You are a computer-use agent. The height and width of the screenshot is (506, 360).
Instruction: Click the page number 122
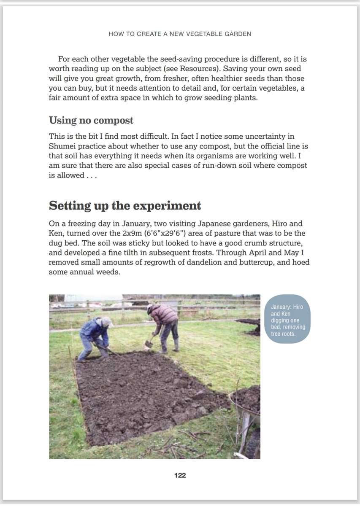pos(180,475)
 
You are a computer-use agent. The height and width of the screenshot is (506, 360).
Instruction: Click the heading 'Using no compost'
pos(91,121)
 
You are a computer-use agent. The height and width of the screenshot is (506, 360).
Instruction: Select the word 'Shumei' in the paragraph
pos(62,146)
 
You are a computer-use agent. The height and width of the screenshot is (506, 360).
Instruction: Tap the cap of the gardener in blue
pos(107,322)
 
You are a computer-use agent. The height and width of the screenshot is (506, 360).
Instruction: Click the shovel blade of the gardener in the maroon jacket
pos(148,344)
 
